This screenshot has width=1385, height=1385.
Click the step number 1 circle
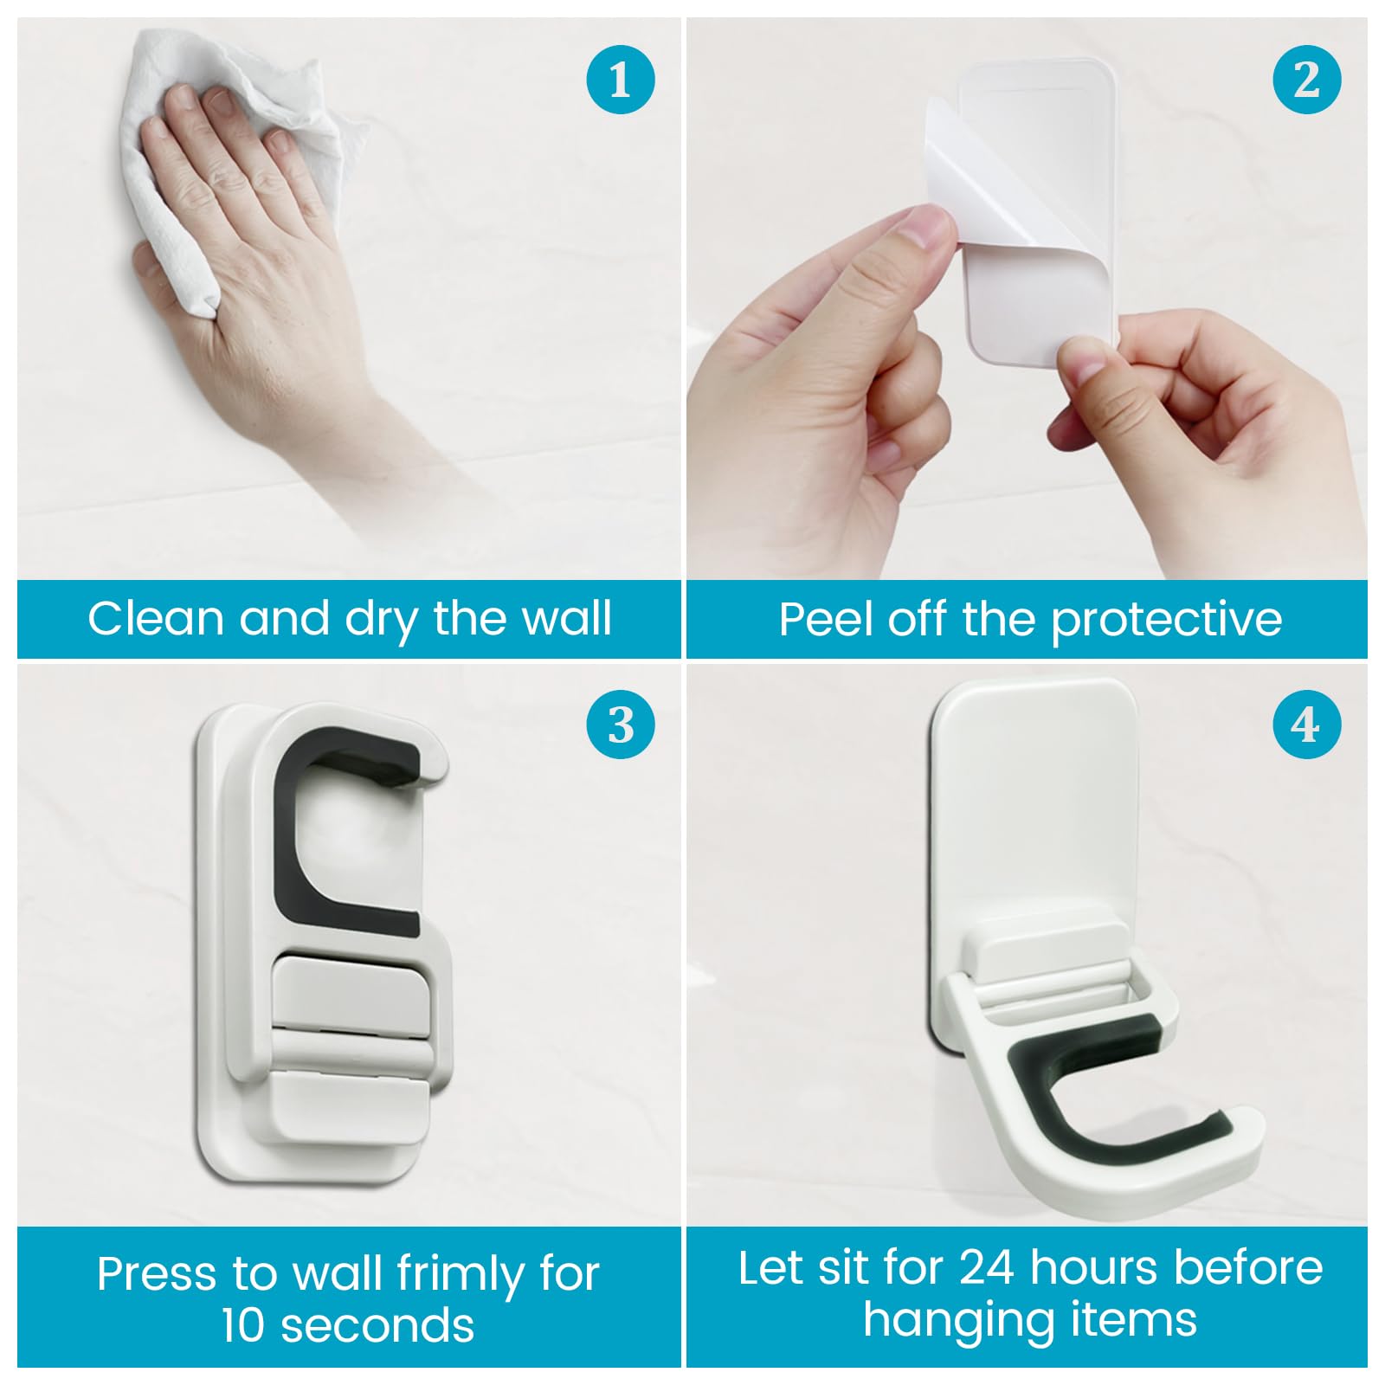(x=620, y=80)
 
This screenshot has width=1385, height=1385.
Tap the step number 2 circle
(x=1307, y=80)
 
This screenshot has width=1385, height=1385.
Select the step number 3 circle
(x=620, y=725)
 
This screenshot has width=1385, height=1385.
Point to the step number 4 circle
(x=1307, y=725)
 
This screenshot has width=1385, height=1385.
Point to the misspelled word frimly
(x=460, y=1274)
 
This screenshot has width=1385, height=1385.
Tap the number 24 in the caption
(x=987, y=1268)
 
